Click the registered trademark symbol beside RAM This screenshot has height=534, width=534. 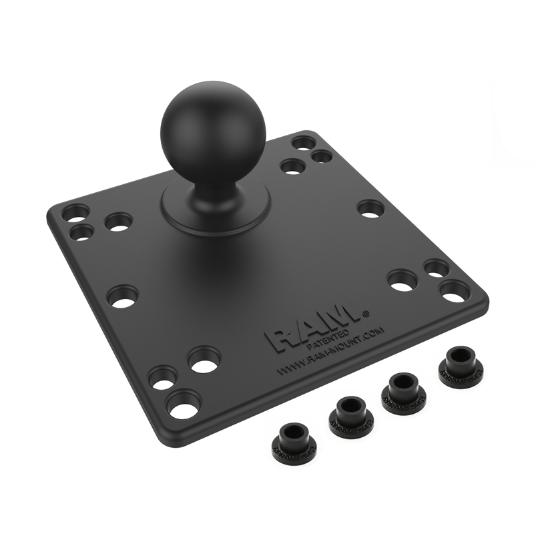pyautogui.click(x=366, y=312)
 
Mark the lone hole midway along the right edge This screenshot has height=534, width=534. pyautogui.click(x=371, y=208)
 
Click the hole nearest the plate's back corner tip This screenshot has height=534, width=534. pyautogui.click(x=304, y=143)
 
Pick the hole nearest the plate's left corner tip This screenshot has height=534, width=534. pyautogui.click(x=77, y=213)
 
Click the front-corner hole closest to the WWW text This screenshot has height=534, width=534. pyautogui.click(x=203, y=360)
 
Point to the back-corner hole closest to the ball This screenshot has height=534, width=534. pyautogui.click(x=292, y=166)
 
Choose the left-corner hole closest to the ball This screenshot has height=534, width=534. pyautogui.click(x=119, y=222)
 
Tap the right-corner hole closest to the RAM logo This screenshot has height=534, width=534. pyautogui.click(x=403, y=280)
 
